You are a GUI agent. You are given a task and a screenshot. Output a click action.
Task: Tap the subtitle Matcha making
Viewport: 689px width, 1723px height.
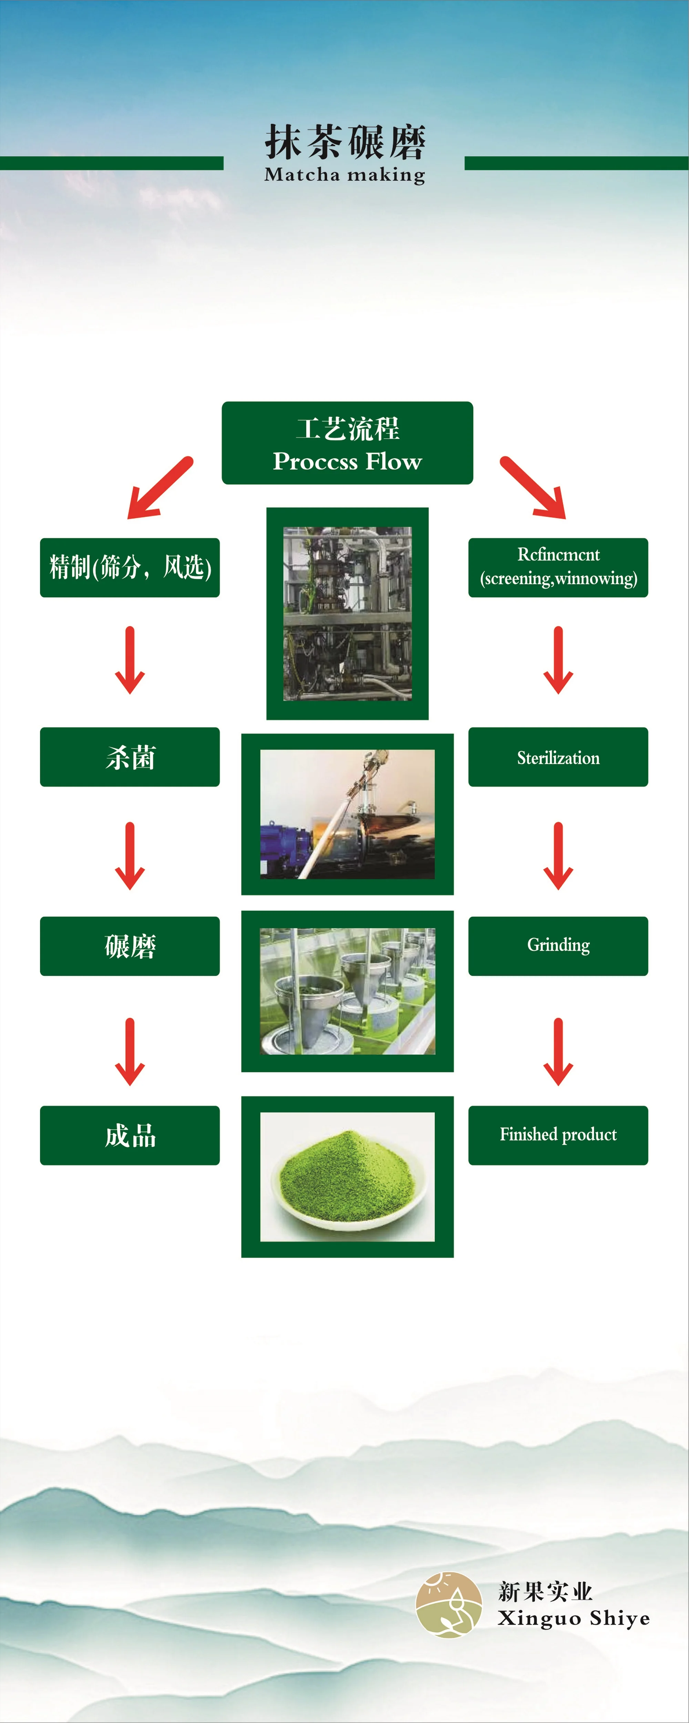pyautogui.click(x=345, y=175)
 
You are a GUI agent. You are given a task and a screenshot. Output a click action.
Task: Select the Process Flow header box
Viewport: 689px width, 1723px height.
pyautogui.click(x=347, y=443)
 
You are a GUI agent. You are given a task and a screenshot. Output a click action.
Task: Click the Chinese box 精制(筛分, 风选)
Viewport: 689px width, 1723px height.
pyautogui.click(x=130, y=567)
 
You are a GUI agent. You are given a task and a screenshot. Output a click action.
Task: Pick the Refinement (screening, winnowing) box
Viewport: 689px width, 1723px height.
pyautogui.click(x=558, y=567)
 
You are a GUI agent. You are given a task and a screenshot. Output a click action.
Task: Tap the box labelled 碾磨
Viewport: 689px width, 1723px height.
pyautogui.click(x=130, y=946)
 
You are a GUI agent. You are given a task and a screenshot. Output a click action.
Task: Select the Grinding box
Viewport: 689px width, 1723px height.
pyautogui.click(x=558, y=946)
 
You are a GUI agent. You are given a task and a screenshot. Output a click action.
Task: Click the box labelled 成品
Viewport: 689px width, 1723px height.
pyautogui.click(x=130, y=1135)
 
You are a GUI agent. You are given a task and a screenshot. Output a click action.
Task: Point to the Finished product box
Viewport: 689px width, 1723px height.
pyautogui.click(x=558, y=1135)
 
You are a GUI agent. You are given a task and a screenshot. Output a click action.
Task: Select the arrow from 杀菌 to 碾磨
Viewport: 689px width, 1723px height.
pyautogui.click(x=130, y=856)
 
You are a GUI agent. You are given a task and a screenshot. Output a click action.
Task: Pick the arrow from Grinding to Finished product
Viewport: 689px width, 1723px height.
pyautogui.click(x=558, y=1051)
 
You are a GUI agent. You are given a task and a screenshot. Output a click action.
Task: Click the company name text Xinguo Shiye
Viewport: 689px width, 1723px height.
pyautogui.click(x=573, y=1619)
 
